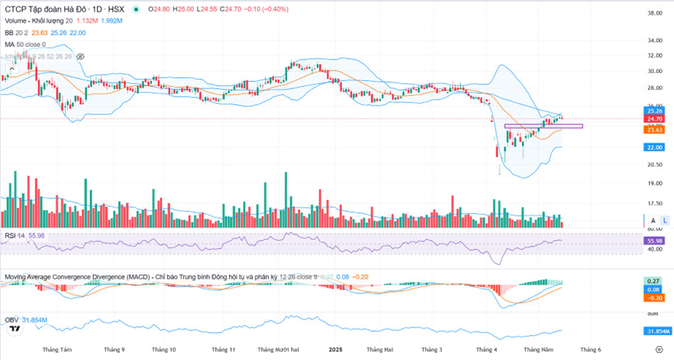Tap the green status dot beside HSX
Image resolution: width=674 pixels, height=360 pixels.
[x=136, y=10]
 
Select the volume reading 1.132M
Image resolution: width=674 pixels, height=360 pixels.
[x=87, y=21]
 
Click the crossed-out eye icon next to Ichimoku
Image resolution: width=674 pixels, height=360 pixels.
[x=80, y=56]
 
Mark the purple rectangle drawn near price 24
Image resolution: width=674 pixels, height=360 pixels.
[x=544, y=127]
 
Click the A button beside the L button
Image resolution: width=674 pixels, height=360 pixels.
[x=652, y=220]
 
